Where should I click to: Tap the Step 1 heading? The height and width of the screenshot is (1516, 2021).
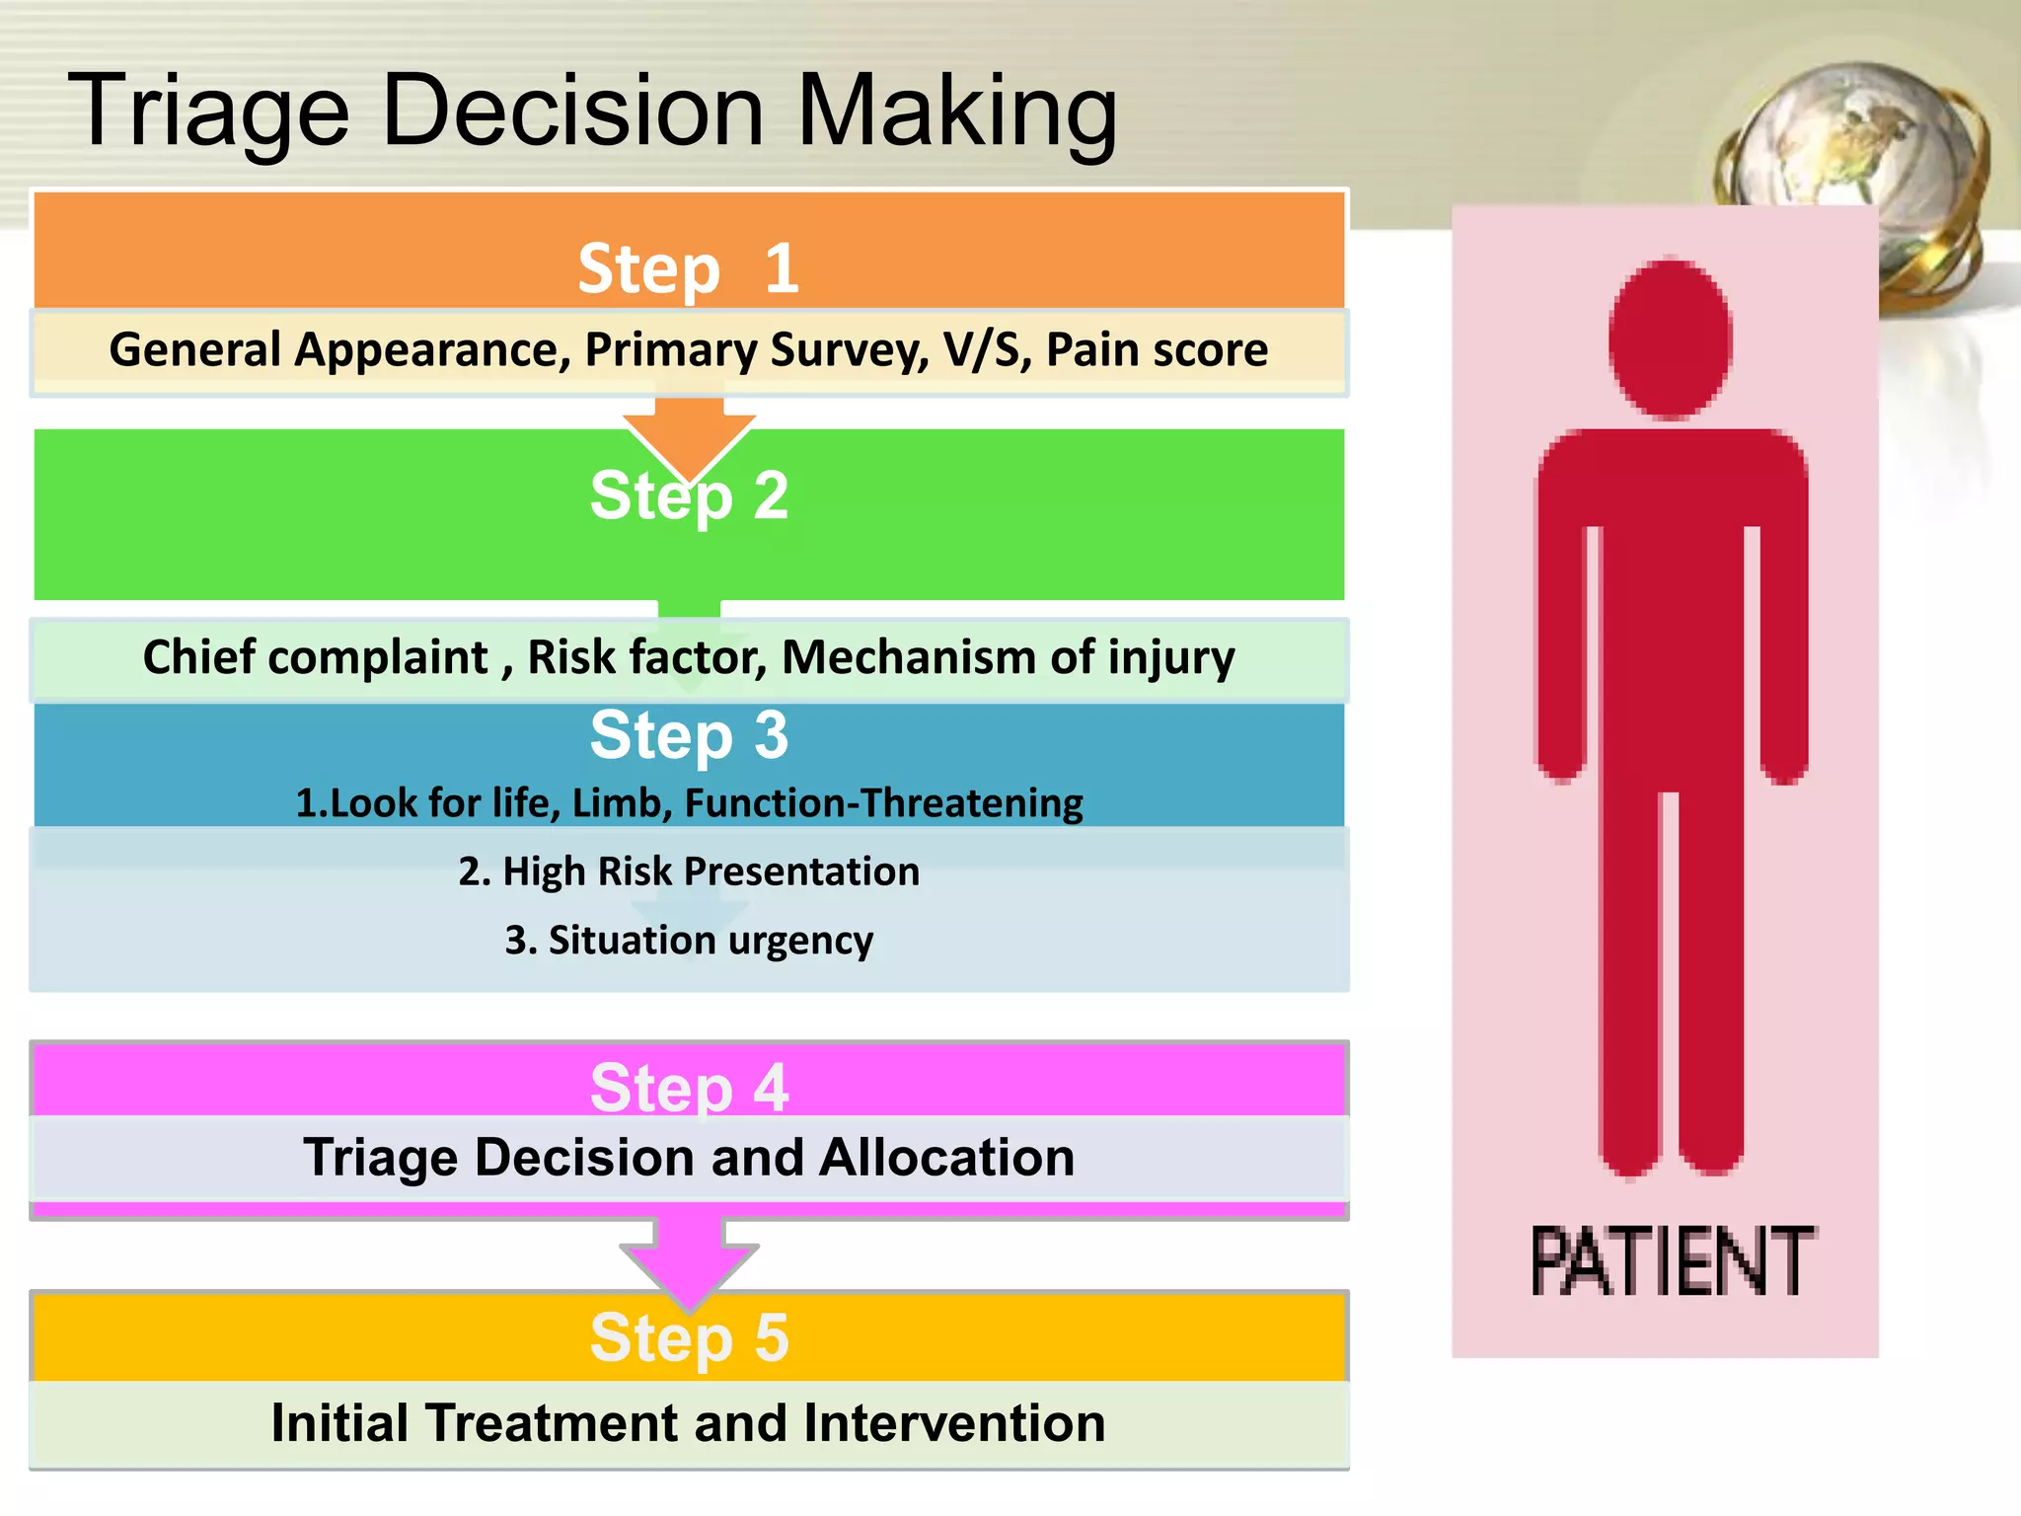[x=688, y=268]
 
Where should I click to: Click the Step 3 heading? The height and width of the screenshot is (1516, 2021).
[x=689, y=735]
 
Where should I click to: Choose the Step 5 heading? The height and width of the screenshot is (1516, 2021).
[x=689, y=1337]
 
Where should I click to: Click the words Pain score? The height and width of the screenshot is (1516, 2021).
[x=1157, y=349]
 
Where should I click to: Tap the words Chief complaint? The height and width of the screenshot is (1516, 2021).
[x=316, y=657]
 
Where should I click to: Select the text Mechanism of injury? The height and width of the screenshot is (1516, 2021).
[x=1008, y=657]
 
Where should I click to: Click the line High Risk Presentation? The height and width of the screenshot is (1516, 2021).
[x=689, y=872]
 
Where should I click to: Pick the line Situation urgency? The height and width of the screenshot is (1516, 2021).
[x=689, y=940]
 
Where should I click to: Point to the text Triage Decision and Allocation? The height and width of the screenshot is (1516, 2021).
[x=689, y=1157]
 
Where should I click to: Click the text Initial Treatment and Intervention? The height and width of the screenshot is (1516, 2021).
[x=689, y=1422]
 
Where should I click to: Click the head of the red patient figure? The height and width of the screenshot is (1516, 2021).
[x=1670, y=338]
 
